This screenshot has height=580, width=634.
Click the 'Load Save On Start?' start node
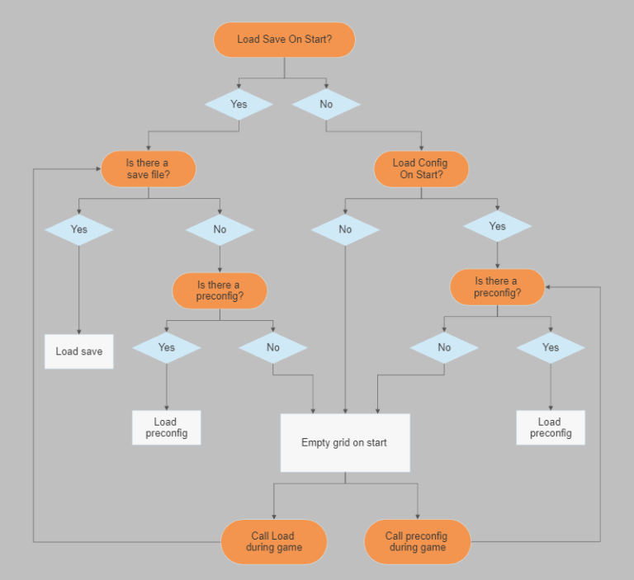tap(284, 40)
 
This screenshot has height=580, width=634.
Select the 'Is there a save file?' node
tap(149, 169)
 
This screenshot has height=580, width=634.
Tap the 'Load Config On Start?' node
tap(421, 169)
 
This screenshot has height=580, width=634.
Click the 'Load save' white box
tap(79, 351)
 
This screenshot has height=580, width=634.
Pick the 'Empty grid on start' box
tap(345, 443)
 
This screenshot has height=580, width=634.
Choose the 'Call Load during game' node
tap(274, 542)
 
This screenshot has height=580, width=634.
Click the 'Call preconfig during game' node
tap(417, 542)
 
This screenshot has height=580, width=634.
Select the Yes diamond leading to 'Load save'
tap(79, 229)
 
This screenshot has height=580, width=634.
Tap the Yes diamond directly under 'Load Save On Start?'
tap(239, 105)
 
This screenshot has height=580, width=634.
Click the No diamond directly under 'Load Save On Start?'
tap(326, 105)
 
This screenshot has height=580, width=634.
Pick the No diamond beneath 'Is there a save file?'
tap(220, 229)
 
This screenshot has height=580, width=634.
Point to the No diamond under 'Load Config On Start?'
tap(345, 229)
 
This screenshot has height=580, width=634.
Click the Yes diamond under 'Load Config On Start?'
tap(497, 226)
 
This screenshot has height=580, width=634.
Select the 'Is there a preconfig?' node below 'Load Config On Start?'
tap(497, 287)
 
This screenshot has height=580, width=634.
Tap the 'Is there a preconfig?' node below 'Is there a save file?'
tap(220, 290)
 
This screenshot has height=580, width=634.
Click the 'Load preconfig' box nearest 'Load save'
tap(166, 427)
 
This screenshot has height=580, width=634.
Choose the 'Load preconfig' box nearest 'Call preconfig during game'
tap(551, 427)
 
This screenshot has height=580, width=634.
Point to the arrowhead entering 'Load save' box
tap(79, 331)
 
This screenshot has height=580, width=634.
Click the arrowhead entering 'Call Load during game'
tap(274, 516)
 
